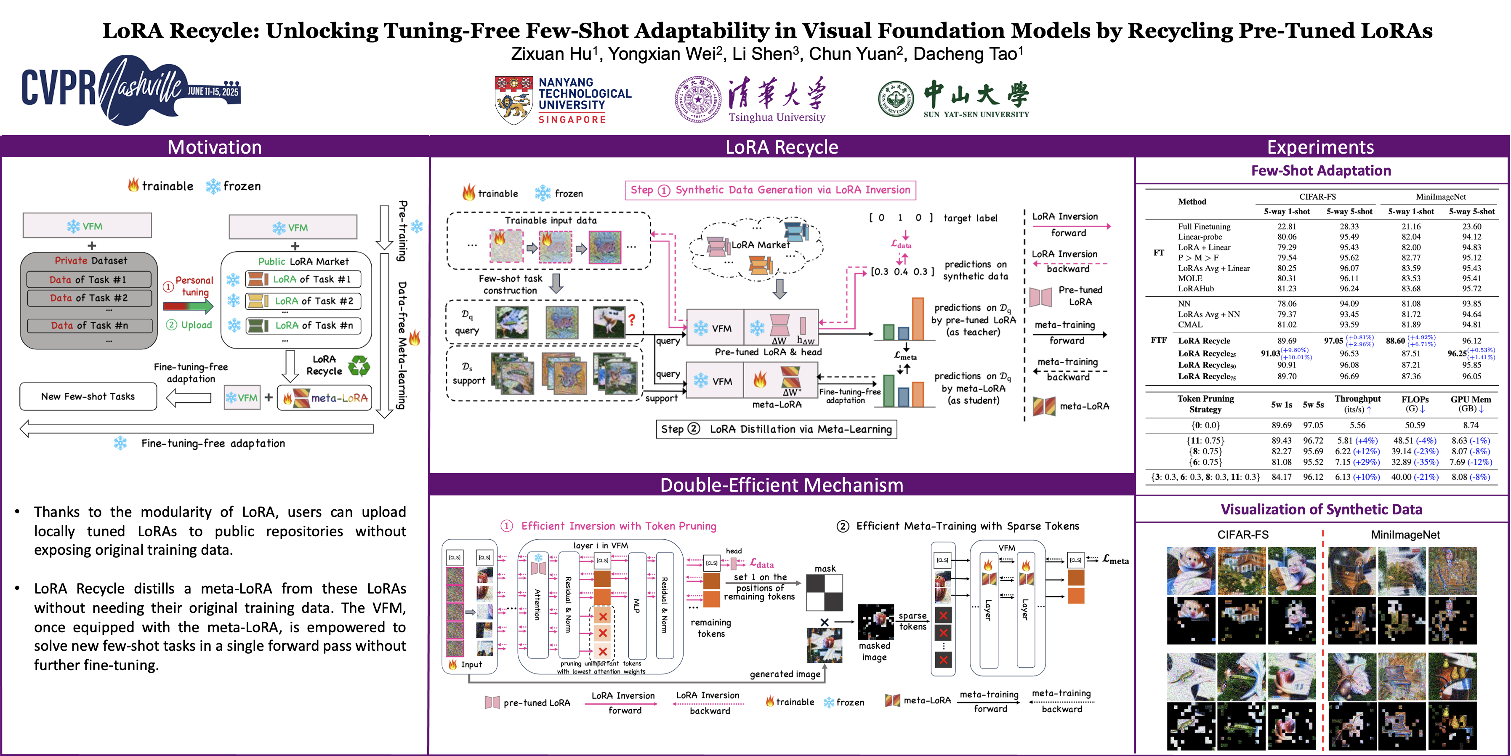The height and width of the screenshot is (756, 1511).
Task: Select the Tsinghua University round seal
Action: pos(697,99)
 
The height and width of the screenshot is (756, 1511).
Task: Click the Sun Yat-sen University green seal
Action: pos(896,99)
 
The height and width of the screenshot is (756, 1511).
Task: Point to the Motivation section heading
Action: pos(214,146)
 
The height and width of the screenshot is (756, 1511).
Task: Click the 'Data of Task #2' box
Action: pos(88,298)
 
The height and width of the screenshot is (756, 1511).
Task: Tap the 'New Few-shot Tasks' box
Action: pos(88,397)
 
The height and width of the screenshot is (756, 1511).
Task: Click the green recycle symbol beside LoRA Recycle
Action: pos(359,366)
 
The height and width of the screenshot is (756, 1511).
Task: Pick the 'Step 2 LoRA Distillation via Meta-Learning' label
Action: pos(776,429)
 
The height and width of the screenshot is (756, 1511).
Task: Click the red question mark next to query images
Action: pos(632,319)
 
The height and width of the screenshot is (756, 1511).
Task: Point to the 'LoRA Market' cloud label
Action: pos(760,245)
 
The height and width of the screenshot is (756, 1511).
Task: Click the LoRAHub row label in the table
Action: pos(1195,289)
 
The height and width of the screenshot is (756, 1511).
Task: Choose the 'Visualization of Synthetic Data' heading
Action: pos(1321,509)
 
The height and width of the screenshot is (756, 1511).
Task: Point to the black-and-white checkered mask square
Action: pos(824,593)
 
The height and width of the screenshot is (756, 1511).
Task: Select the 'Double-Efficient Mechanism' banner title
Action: pos(781,485)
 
